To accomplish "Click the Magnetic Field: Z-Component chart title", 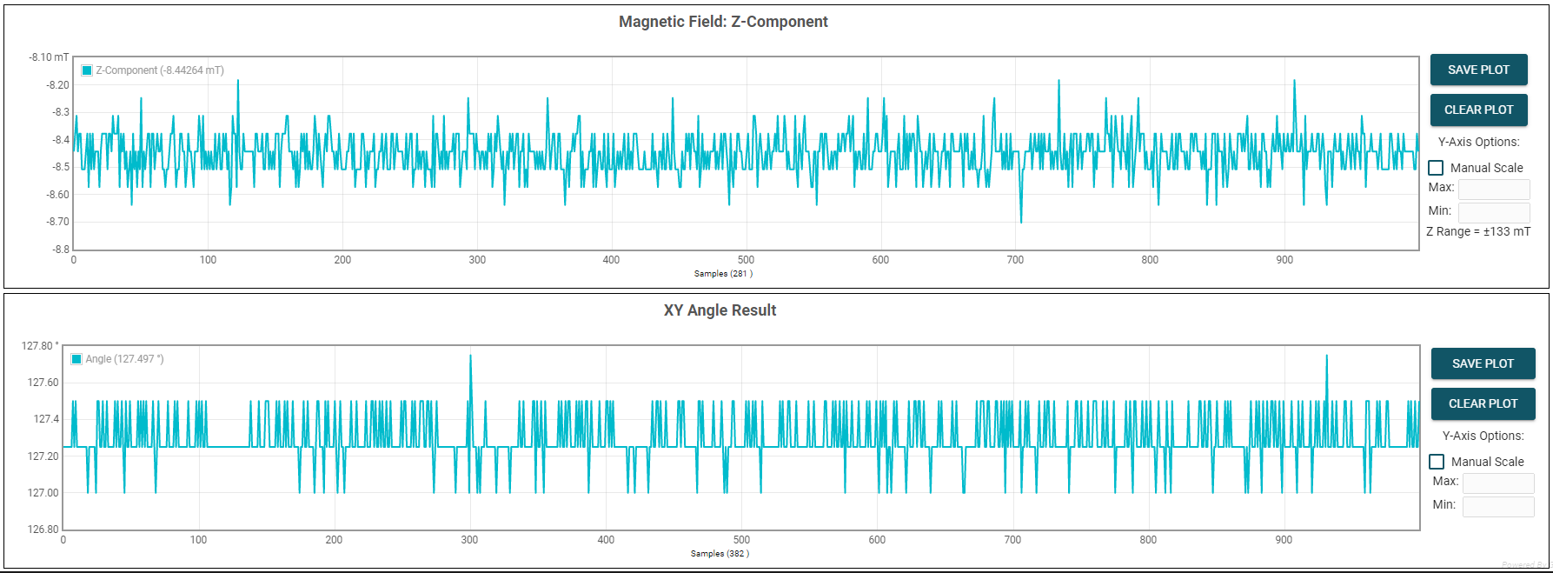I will click(723, 22).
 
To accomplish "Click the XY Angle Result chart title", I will click(720, 310).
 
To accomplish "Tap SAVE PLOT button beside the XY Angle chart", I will click(1483, 363).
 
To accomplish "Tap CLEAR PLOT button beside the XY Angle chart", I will click(1483, 403).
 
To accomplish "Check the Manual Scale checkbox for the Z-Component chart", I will click(1436, 168).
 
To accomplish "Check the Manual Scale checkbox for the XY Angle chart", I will click(1437, 462).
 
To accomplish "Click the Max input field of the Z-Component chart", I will click(1493, 188).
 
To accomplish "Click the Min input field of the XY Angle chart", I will click(1497, 505).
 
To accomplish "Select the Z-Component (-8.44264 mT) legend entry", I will click(153, 70).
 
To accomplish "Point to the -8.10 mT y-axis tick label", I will click(49, 57).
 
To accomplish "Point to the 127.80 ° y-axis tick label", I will click(40, 346).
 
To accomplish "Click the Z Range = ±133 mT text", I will click(1477, 231).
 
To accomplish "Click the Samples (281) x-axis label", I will click(723, 273).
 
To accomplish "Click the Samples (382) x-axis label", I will click(720, 553).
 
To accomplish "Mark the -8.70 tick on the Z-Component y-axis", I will click(57, 222).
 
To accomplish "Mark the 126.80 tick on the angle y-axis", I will click(43, 529).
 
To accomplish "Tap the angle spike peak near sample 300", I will click(470, 356).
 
